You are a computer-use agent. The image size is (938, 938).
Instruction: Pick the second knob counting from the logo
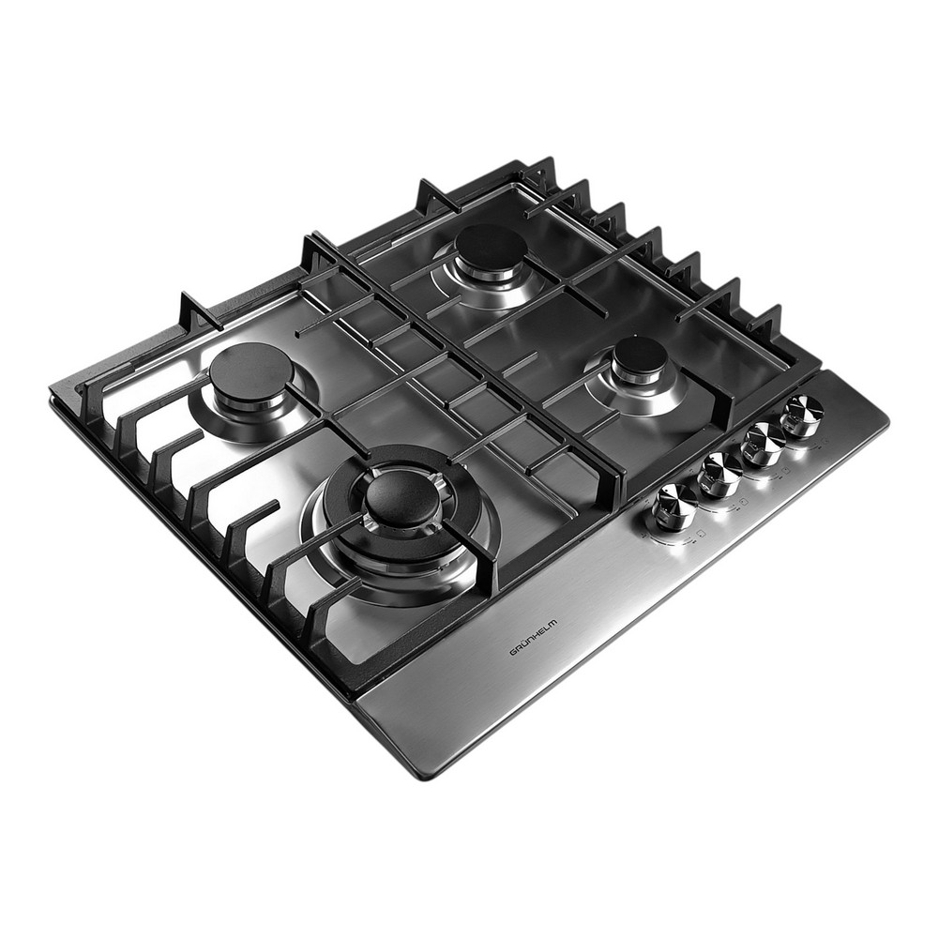pos(720,474)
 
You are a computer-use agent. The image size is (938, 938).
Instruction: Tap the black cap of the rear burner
pos(491,250)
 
